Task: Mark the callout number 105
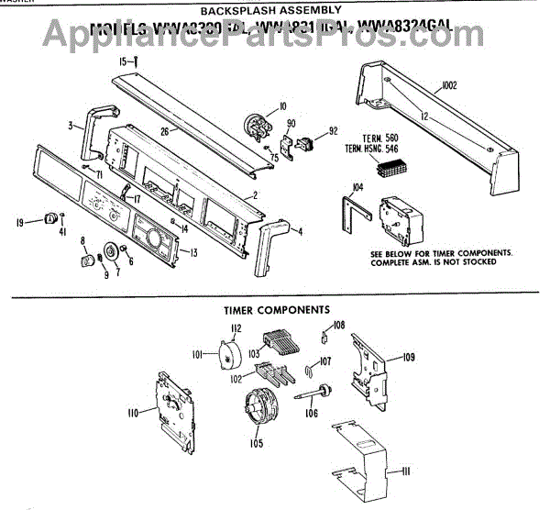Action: tap(256, 444)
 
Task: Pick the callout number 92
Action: tap(334, 130)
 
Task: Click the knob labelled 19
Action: tap(49, 217)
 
